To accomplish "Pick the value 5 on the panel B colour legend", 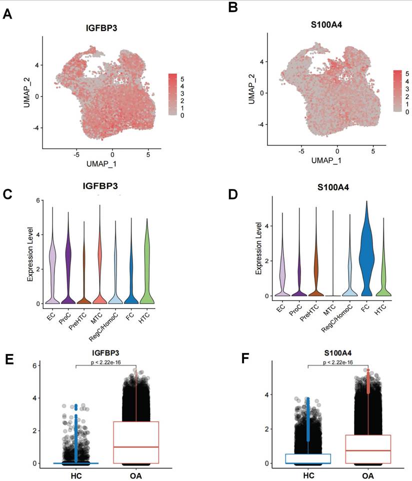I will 407,72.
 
